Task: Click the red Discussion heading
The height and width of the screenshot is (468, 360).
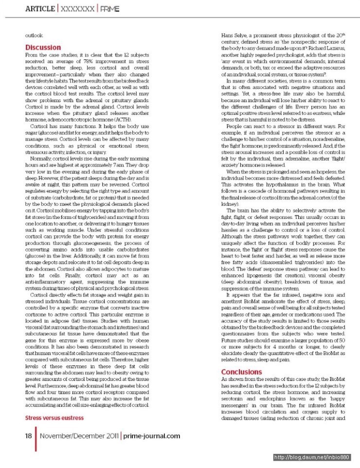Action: click(43, 48)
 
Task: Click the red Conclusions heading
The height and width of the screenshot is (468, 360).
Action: click(241, 372)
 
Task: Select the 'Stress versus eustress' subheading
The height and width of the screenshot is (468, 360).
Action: click(54, 417)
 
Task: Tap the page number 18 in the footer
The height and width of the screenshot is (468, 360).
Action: click(28, 436)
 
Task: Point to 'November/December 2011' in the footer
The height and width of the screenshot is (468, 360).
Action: click(79, 436)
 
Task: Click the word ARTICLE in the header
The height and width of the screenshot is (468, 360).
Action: click(39, 9)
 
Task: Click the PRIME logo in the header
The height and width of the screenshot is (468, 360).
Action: click(109, 9)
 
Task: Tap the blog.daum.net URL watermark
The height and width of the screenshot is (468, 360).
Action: click(312, 457)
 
